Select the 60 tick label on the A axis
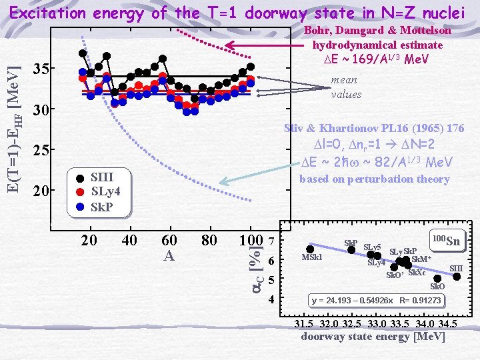170,240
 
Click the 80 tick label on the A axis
209,240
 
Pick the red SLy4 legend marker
80,192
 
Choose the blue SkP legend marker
80,206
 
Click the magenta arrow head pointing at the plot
229,45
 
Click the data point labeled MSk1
310,249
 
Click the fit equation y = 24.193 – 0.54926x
376,301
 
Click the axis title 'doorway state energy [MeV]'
373,337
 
